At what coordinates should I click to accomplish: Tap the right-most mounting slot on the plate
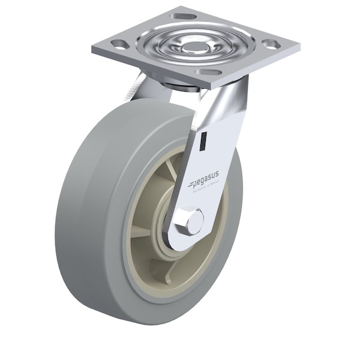[269, 44]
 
